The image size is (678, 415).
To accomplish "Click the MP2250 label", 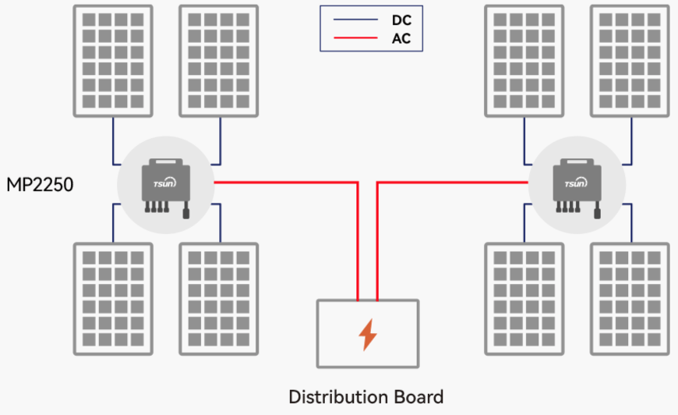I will (40, 186).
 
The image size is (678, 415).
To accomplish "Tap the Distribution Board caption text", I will (366, 396).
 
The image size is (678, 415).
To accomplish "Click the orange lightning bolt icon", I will (367, 333).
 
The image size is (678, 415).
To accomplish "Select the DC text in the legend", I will (401, 20).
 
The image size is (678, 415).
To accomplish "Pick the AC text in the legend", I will (401, 38).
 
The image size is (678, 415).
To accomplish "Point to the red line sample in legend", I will (354, 38).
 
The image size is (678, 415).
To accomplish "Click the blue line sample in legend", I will (354, 20).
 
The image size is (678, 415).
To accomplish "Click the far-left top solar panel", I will (113, 61).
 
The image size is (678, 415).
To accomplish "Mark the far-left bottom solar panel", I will (113, 300).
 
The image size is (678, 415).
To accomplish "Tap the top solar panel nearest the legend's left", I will (219, 61).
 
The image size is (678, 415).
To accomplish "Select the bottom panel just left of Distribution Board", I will (219, 300).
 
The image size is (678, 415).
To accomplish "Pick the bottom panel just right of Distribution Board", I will (524, 300).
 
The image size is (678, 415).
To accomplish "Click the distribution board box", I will (367, 334).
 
